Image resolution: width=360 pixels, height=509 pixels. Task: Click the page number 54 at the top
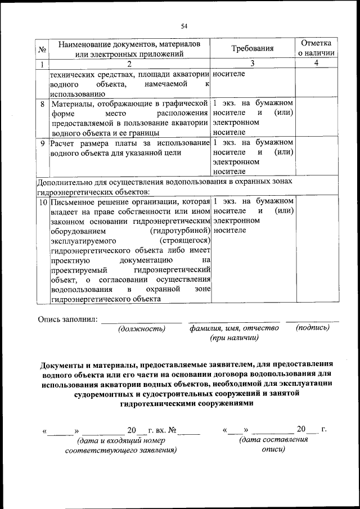coord(184,25)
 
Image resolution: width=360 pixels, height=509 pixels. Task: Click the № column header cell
coord(42,49)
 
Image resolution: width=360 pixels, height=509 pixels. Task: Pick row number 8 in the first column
coord(43,104)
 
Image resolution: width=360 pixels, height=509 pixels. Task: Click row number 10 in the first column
coord(43,201)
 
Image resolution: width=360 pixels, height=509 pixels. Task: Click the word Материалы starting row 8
coord(73,104)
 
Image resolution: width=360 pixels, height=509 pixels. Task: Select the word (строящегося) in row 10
coord(185,240)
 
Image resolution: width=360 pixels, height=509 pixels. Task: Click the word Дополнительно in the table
coord(64,182)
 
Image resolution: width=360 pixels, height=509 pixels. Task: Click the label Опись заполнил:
coord(67,319)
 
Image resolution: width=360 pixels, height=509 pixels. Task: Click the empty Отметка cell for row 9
coord(316,157)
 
